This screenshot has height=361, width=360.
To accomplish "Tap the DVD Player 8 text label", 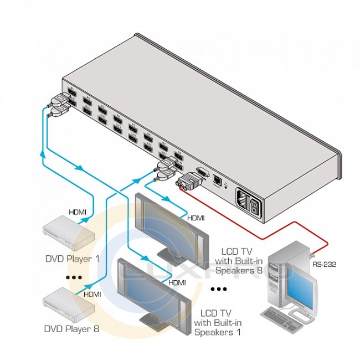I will tap(72, 329).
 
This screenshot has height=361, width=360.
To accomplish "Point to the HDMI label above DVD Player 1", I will tap(77, 212).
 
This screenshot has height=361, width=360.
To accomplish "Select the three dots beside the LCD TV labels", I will tap(219, 289).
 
